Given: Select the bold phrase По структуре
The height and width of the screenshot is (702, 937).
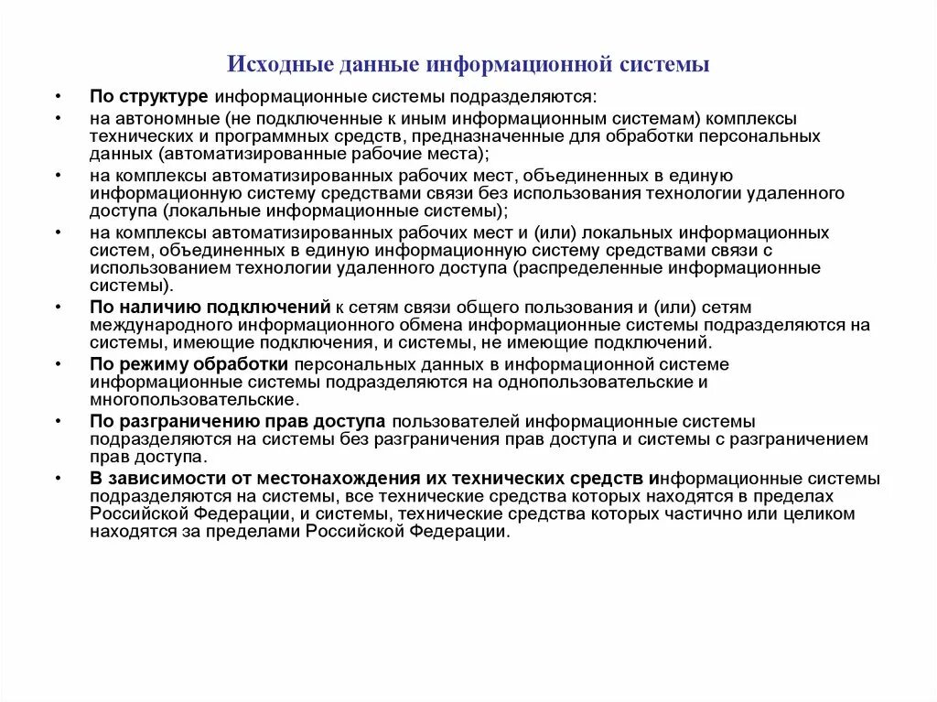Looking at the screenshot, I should (150, 96).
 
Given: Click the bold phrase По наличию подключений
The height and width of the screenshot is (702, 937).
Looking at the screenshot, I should (210, 308).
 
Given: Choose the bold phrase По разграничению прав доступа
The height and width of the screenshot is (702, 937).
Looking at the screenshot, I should (238, 421).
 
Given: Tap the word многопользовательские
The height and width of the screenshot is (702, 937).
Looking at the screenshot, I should (193, 399).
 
